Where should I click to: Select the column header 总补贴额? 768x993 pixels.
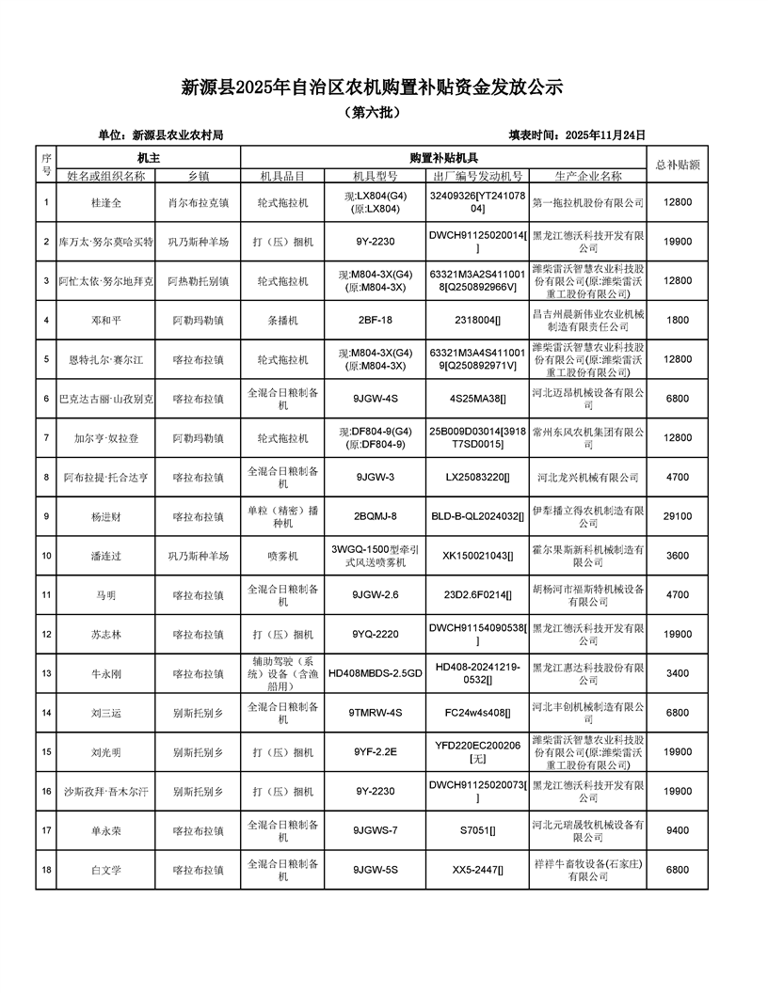pos(678,164)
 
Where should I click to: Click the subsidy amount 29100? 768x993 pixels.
pos(678,516)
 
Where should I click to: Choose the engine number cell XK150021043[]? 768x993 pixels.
pos(478,556)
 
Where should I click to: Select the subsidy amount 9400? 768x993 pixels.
pos(678,830)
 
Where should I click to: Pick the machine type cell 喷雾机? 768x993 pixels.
pos(281,556)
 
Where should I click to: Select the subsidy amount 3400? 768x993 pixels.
pos(678,673)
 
